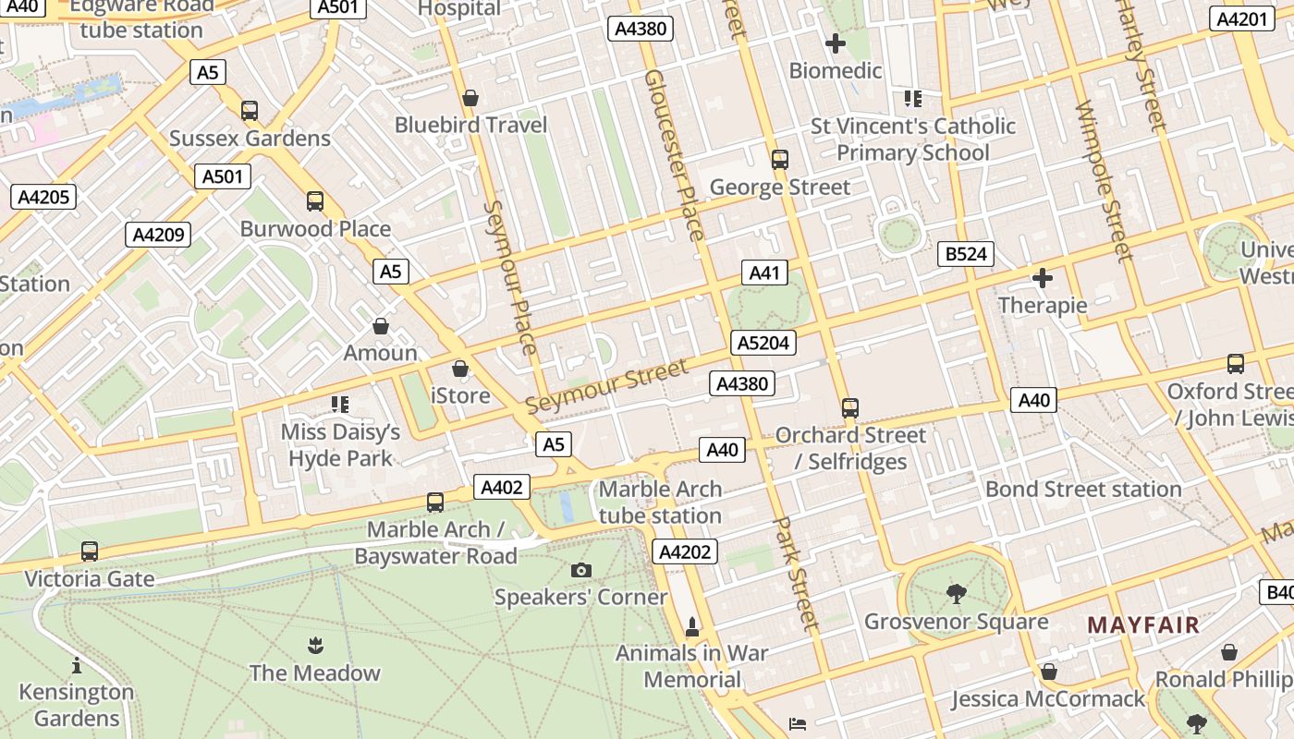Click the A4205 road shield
[x=43, y=197]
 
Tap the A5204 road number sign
[x=763, y=344]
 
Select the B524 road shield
[x=966, y=254]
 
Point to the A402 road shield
[x=502, y=488]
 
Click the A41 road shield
[x=765, y=273]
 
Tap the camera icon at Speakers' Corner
[x=580, y=570]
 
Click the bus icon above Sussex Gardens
[x=250, y=111]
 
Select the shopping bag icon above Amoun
[x=380, y=326]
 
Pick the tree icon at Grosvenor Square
[x=956, y=594]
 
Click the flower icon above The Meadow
[x=315, y=645]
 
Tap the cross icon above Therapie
[x=1043, y=278]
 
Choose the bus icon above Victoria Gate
[x=90, y=551]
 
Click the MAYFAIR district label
[x=1143, y=625]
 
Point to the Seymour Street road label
[x=606, y=387]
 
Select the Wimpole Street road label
[x=1104, y=181]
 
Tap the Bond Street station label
[x=1083, y=489]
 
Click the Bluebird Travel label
[x=471, y=125]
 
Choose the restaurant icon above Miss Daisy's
[x=339, y=405]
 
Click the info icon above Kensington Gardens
[x=77, y=665]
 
